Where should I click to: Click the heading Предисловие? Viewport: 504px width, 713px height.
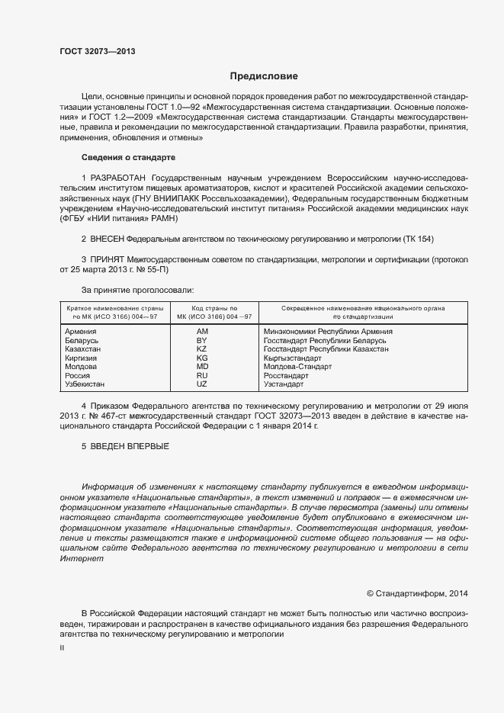tap(264, 76)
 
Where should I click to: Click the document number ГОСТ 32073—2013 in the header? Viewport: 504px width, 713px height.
tap(98, 51)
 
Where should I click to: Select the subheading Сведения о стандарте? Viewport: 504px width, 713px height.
tap(128, 157)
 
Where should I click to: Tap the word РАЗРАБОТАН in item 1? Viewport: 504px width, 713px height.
tap(116, 177)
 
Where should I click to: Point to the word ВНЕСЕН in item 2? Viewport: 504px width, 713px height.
tap(108, 239)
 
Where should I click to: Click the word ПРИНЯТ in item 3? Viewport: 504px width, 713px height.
tap(108, 260)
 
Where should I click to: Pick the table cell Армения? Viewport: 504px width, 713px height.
tap(81, 332)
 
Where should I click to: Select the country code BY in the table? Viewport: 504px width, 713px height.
tap(202, 340)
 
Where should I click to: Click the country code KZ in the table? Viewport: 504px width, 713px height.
tap(202, 349)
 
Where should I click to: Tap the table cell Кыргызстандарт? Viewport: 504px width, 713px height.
tap(292, 358)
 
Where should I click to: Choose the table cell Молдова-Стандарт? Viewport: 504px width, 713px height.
tap(297, 367)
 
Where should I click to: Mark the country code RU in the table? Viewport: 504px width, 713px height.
tap(202, 376)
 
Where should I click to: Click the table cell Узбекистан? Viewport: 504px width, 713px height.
tap(85, 384)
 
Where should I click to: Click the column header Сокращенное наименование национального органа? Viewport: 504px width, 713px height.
tap(363, 307)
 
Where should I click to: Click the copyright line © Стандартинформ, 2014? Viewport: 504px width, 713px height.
tap(418, 593)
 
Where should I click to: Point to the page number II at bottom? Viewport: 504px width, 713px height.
tap(63, 647)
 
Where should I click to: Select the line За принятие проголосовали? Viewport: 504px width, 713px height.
tap(137, 290)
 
